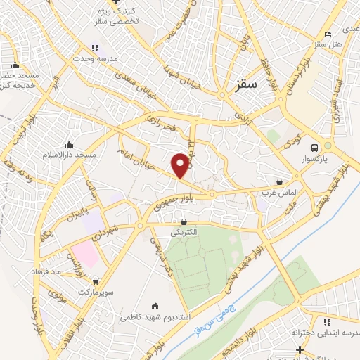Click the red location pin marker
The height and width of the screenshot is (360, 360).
(181, 165)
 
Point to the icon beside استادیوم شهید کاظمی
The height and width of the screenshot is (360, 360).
(155, 306)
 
